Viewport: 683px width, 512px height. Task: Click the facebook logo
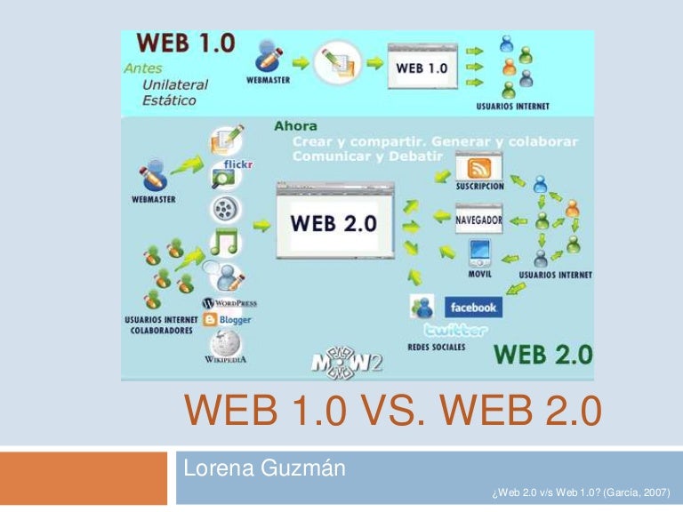[x=472, y=308]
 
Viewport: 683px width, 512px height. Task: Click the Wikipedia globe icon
[x=224, y=342]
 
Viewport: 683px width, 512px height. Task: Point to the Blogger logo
[x=228, y=319]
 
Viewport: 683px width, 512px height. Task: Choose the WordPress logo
[x=230, y=302]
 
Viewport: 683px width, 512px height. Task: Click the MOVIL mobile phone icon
[x=479, y=253]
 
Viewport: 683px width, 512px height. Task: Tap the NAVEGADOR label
[x=479, y=219]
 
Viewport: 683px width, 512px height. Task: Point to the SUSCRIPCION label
[x=479, y=187]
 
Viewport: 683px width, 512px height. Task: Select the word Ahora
[x=295, y=127]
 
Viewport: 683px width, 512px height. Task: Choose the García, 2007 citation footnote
[x=580, y=491]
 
